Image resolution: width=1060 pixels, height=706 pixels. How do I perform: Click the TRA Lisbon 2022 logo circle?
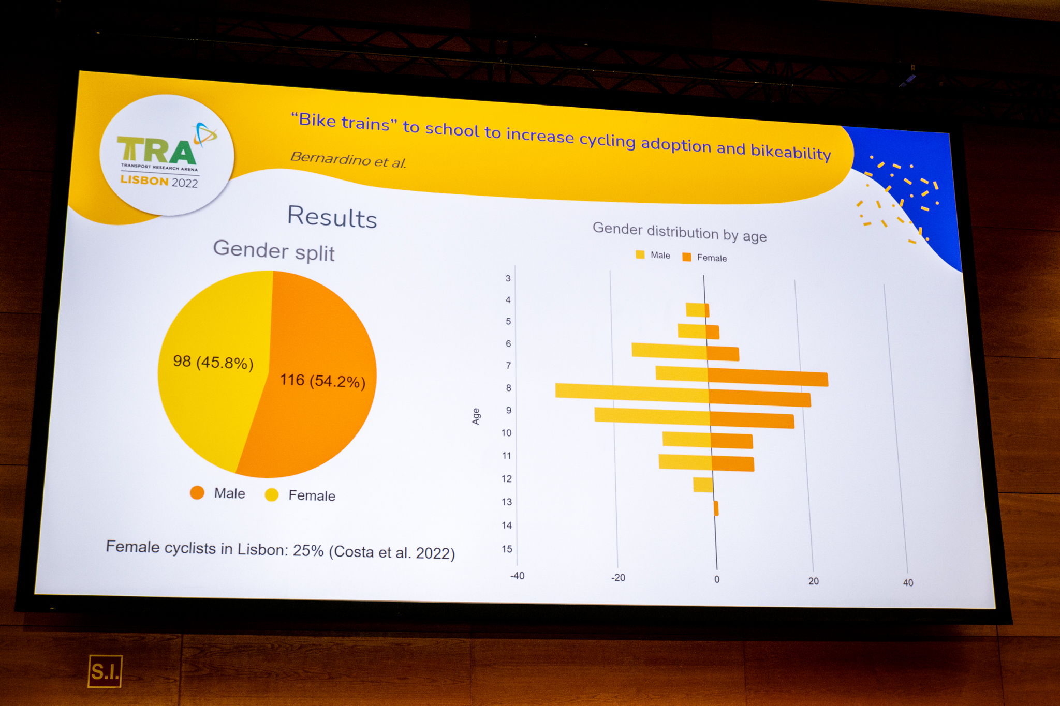pos(167,155)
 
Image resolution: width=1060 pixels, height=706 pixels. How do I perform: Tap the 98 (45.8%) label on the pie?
pos(213,362)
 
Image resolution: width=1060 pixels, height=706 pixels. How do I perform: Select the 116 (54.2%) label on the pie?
pos(323,381)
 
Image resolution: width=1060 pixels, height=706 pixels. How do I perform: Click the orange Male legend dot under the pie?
pos(197,492)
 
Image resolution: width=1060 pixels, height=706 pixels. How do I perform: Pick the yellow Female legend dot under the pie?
pos(272,495)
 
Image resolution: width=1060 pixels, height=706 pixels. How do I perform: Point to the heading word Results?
pos(332,217)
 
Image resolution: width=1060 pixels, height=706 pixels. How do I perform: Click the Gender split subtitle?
pos(274,251)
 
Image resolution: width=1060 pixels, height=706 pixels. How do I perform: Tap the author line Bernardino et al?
pos(348,160)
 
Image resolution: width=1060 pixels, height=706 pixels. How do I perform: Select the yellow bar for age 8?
pos(632,393)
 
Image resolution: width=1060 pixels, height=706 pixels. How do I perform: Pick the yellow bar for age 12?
pos(703,485)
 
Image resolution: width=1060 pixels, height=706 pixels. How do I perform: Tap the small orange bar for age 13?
pos(716,508)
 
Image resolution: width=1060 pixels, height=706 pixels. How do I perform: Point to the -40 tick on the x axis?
pos(517,576)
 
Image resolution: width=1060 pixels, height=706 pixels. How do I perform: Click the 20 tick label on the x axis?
pos(814,581)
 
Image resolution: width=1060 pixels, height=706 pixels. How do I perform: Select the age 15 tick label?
pos(507,549)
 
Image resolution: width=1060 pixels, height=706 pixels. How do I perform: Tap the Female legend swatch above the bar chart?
pos(687,257)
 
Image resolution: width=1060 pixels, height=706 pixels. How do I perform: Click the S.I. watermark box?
pos(105,671)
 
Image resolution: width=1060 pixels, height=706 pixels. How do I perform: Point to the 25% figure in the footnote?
pos(308,550)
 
